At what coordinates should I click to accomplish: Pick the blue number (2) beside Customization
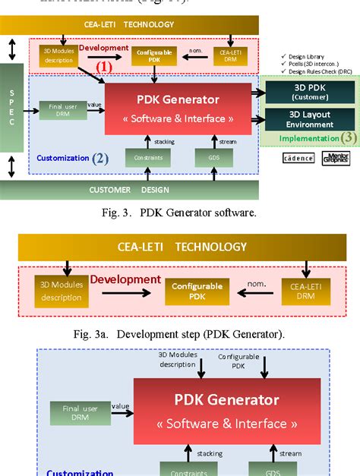coord(99,159)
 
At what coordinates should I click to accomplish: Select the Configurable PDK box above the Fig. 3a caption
coord(197,292)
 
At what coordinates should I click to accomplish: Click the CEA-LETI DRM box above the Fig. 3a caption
coord(307,292)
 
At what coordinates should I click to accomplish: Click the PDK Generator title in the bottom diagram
coord(216,400)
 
